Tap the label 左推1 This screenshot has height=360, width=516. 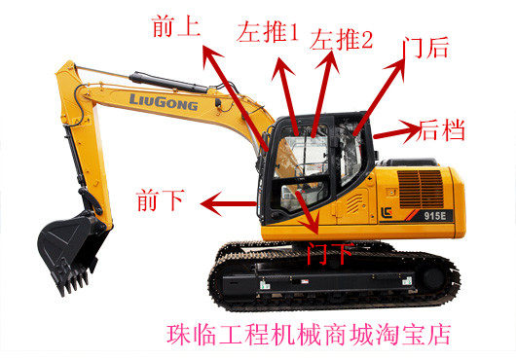(x=268, y=34)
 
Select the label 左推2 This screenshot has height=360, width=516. (x=341, y=40)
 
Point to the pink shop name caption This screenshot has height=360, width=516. (x=309, y=336)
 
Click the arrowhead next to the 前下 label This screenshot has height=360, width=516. (x=204, y=202)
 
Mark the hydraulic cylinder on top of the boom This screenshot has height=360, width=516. (x=146, y=78)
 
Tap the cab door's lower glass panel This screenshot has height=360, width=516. (x=292, y=199)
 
